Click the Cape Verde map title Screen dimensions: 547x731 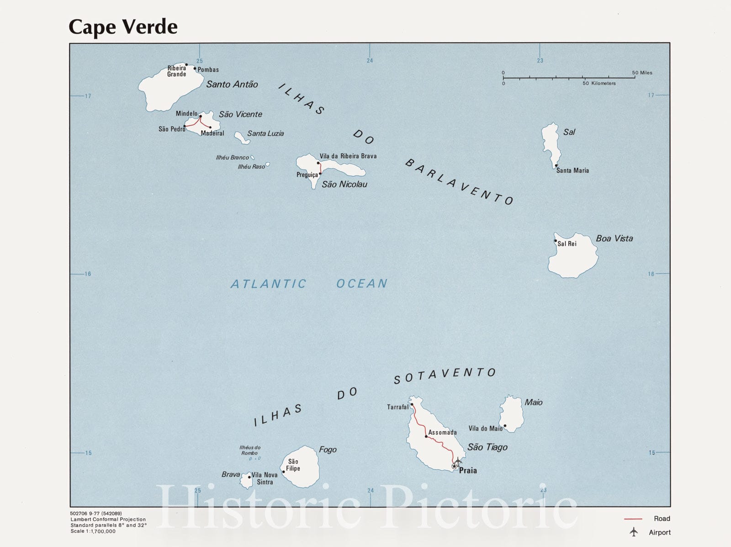123,27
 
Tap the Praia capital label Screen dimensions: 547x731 468,470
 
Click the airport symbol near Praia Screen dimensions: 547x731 458,461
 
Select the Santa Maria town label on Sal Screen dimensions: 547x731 572,170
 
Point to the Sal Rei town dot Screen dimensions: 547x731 556,240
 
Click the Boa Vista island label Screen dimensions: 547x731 614,238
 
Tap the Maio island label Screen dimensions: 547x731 533,402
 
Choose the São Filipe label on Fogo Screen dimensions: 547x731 293,465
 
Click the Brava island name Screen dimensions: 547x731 231,474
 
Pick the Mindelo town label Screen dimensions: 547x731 186,113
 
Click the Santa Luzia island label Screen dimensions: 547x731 265,133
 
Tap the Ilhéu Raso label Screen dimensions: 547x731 251,167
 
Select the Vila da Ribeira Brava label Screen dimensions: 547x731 348,156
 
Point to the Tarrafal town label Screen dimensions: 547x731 397,407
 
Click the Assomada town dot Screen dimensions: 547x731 426,436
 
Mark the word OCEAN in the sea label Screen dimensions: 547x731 362,284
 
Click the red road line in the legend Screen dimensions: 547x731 633,519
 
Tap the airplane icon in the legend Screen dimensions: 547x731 634,532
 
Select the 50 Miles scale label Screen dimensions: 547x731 642,73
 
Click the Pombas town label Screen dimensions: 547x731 208,70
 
